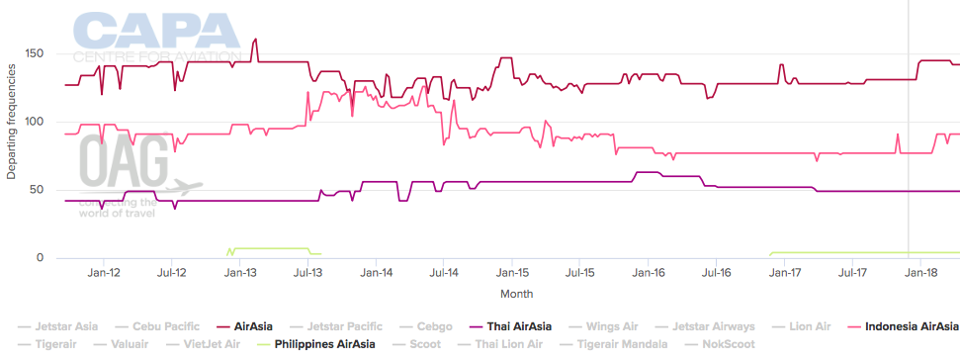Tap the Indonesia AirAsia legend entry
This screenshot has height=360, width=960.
pyautogui.click(x=911, y=325)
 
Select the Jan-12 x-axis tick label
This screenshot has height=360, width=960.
pyautogui.click(x=105, y=273)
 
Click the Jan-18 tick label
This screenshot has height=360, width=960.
pyautogui.click(x=921, y=273)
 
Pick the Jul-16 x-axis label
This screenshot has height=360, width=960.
pyautogui.click(x=715, y=273)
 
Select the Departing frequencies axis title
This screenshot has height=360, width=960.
pyautogui.click(x=12, y=123)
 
